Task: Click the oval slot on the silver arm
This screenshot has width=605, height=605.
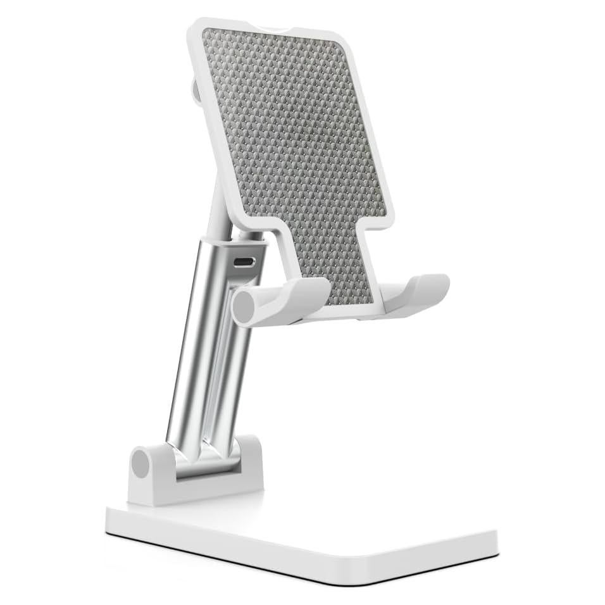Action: [x=243, y=262]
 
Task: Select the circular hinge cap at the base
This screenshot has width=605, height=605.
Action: [x=140, y=465]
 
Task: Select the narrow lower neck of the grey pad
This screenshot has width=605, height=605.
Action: [x=329, y=266]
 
